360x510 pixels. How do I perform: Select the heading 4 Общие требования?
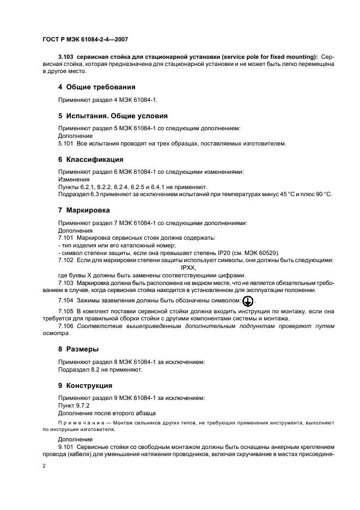click(x=96, y=87)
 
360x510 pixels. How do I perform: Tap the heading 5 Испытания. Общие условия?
click(x=113, y=116)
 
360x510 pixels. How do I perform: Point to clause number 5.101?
click(x=65, y=143)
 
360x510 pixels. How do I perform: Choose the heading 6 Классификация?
click(x=90, y=160)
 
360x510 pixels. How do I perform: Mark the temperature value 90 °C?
click(x=323, y=194)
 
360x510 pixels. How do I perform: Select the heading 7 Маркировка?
click(x=84, y=210)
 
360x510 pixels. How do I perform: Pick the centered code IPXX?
click(x=188, y=268)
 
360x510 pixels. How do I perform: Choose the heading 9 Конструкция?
click(x=85, y=385)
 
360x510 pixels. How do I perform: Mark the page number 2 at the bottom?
click(x=44, y=466)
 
